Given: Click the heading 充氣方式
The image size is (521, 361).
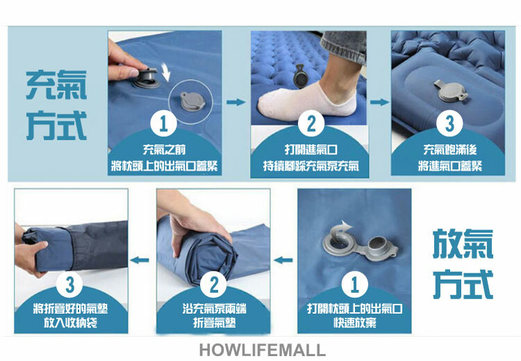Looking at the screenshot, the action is [x=56, y=105].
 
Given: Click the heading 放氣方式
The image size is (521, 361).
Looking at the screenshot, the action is [x=463, y=264].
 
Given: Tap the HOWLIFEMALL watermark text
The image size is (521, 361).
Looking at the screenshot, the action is [x=262, y=350].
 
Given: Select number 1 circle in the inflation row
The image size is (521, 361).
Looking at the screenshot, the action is [x=163, y=123].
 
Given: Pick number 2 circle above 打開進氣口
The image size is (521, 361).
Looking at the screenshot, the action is [x=311, y=123].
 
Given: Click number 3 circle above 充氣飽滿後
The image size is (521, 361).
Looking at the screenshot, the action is [x=449, y=123].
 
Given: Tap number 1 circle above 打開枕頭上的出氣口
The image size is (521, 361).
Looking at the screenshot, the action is [x=354, y=284].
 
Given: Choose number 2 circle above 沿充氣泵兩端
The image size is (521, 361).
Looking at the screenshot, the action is [x=214, y=284].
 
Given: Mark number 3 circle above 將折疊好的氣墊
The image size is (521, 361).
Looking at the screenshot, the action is [x=69, y=284].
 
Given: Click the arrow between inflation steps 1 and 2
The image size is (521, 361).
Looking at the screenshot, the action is [x=236, y=102].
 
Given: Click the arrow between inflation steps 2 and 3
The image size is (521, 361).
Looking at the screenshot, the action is [x=379, y=102].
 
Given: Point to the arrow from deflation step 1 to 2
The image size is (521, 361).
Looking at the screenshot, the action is [x=283, y=260].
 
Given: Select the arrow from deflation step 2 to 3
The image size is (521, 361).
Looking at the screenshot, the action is [x=140, y=260].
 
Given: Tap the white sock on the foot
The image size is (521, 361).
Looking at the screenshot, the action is [x=307, y=102].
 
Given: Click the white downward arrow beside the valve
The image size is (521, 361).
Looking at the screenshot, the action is [x=166, y=73].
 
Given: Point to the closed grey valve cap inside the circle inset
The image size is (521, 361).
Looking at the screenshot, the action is [x=192, y=102].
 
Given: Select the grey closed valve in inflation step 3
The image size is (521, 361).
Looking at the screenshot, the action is [x=451, y=91].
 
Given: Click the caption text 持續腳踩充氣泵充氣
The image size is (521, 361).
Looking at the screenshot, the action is [x=311, y=166].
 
